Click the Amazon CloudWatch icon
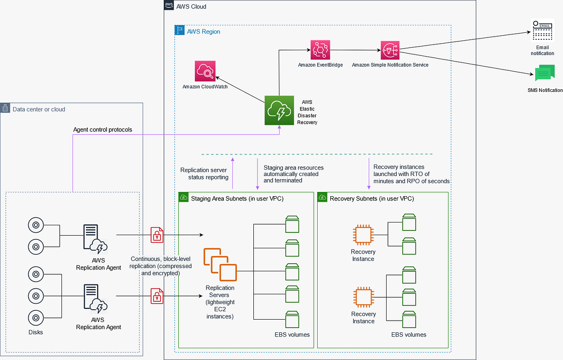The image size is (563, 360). click(205, 71)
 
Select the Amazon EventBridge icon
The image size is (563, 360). click(320, 49)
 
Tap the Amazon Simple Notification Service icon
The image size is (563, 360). click(390, 49)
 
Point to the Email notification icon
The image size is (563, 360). click(542, 31)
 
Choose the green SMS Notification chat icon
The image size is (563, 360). click(544, 74)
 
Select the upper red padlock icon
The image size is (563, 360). click(157, 235)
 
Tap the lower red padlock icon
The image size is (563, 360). click(157, 296)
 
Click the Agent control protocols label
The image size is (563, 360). click(102, 130)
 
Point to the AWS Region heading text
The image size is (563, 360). click(203, 31)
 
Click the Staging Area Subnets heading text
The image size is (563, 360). click(237, 199)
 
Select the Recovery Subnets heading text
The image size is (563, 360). click(372, 199)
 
